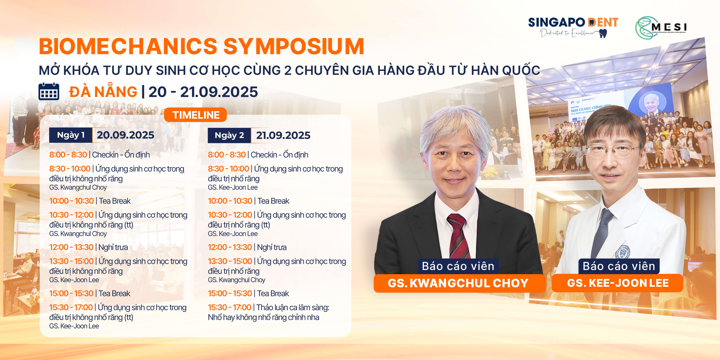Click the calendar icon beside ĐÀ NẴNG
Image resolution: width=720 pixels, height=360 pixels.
coord(49,91)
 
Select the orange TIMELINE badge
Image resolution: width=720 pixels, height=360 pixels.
coord(195,115)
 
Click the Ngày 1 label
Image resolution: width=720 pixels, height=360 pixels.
coord(71,135)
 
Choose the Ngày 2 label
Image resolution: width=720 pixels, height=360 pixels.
coord(229,135)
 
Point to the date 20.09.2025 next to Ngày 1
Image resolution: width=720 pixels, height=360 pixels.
coord(125,135)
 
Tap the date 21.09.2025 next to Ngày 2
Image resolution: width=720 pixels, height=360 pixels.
coord(283,135)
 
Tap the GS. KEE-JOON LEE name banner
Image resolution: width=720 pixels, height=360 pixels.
coord(618,283)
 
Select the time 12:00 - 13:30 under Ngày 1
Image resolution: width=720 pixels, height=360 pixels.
coord(71,247)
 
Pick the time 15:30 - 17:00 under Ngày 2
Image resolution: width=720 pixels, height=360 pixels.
coord(229,307)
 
